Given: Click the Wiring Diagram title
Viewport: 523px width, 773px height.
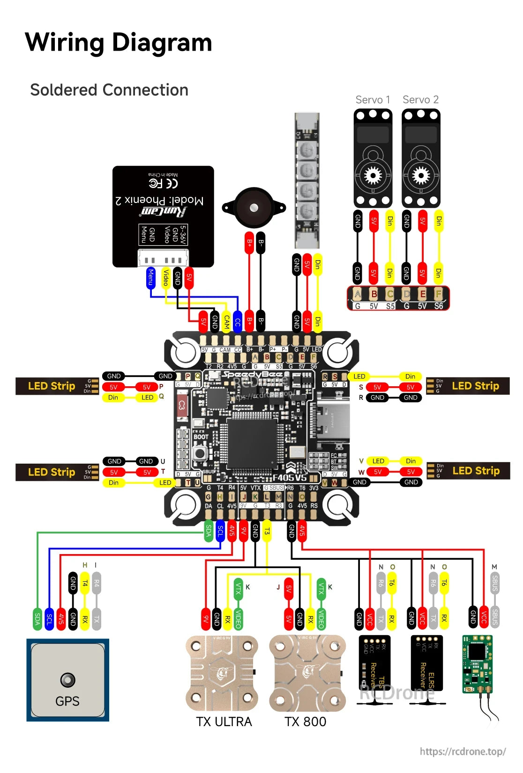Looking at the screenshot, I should (118, 42).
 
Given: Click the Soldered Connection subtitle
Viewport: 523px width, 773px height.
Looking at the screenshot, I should (109, 90).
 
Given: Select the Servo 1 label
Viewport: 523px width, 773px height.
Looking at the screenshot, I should (373, 100).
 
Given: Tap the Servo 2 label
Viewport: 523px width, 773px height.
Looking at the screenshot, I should (420, 100).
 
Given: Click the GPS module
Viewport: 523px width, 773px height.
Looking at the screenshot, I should (67, 680).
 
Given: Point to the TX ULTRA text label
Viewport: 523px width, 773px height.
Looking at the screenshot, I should (224, 721).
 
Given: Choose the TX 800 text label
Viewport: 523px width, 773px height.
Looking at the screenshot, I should (305, 721).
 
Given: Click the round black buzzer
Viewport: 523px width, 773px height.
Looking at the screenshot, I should (254, 208).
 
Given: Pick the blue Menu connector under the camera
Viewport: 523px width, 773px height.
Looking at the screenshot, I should (150, 278).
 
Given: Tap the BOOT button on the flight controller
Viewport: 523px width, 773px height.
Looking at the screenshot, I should (201, 453).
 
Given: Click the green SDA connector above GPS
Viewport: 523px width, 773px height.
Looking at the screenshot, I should (37, 619).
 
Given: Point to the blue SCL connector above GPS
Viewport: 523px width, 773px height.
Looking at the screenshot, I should (49, 619).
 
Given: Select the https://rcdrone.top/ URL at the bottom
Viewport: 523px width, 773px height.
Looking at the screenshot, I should (463, 751).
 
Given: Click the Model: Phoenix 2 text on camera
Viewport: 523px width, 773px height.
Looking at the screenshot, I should (160, 201).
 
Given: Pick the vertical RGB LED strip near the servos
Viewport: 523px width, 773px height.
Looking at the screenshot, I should (307, 180).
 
